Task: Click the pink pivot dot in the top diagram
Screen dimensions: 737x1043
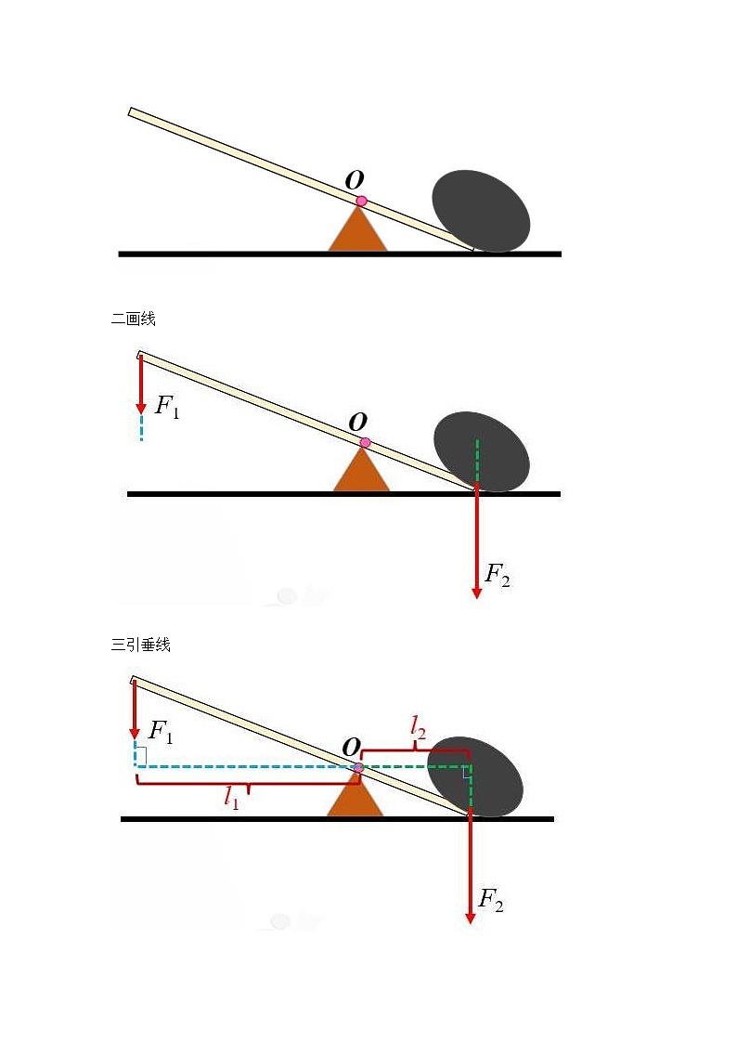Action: click(x=361, y=201)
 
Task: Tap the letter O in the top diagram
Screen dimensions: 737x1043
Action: click(x=355, y=179)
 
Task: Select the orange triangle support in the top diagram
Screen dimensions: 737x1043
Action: click(x=357, y=229)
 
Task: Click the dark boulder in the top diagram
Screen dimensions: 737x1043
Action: click(x=481, y=211)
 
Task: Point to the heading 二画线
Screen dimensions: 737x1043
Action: click(x=133, y=319)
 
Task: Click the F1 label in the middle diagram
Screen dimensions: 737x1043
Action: click(x=167, y=406)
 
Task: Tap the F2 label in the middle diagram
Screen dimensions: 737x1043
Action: click(x=498, y=575)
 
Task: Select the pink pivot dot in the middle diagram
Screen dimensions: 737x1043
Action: click(x=364, y=443)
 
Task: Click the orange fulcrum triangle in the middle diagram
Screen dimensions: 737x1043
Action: click(x=361, y=470)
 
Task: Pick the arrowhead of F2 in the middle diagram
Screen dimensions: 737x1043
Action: click(x=476, y=593)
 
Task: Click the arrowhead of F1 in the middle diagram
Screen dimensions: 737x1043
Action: click(x=141, y=408)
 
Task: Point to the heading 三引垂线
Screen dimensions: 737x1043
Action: click(x=141, y=645)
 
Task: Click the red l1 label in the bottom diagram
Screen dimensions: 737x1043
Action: click(x=231, y=796)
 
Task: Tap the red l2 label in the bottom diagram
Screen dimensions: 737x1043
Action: click(x=418, y=726)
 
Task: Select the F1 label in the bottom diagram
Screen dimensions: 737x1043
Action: click(x=161, y=732)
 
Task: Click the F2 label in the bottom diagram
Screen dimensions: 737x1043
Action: click(x=491, y=900)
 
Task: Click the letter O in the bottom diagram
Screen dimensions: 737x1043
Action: click(x=351, y=747)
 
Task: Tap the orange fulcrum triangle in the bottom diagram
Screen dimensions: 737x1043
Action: click(x=355, y=795)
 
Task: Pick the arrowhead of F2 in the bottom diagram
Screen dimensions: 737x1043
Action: click(x=470, y=918)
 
